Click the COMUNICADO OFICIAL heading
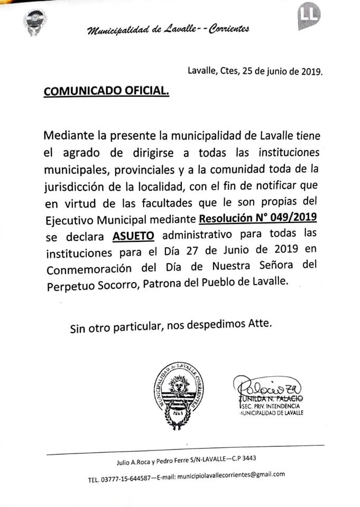click(106, 91)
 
